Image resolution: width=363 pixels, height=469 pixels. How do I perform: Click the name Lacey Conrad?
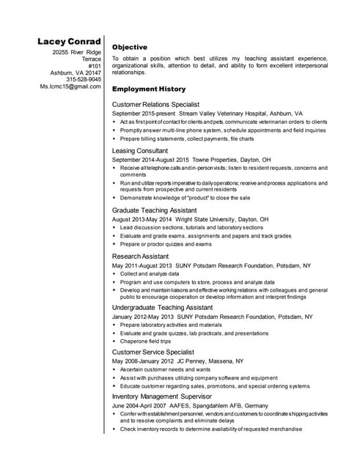(70, 41)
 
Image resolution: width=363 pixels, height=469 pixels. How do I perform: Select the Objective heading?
(130, 47)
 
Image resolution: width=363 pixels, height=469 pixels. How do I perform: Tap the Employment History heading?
(148, 89)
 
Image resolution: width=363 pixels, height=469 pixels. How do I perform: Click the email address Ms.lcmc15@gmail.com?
(70, 86)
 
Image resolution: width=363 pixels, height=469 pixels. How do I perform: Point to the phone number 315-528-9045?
(81, 79)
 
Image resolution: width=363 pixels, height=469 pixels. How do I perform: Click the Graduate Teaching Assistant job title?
(154, 210)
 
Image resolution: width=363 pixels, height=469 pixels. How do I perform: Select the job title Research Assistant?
(140, 256)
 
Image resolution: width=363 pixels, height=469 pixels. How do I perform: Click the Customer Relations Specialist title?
(155, 105)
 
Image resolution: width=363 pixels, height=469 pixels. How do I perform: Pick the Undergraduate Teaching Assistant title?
(162, 308)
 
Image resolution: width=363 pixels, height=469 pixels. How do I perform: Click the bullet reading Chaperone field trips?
(145, 341)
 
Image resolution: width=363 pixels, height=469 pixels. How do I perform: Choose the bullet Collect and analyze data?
(150, 273)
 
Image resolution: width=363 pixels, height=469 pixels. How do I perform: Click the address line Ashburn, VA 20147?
(75, 73)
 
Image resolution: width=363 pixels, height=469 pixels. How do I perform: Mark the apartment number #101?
(94, 66)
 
